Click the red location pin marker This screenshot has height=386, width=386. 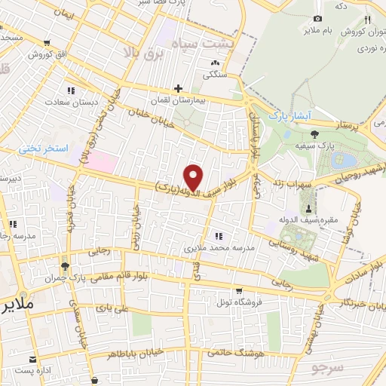(194, 177)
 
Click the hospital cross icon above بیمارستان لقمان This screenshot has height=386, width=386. (178, 88)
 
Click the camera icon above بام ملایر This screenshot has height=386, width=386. (317, 18)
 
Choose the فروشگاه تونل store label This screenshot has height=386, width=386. (239, 302)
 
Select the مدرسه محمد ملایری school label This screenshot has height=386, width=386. (220, 247)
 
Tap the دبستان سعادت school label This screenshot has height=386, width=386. (71, 102)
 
